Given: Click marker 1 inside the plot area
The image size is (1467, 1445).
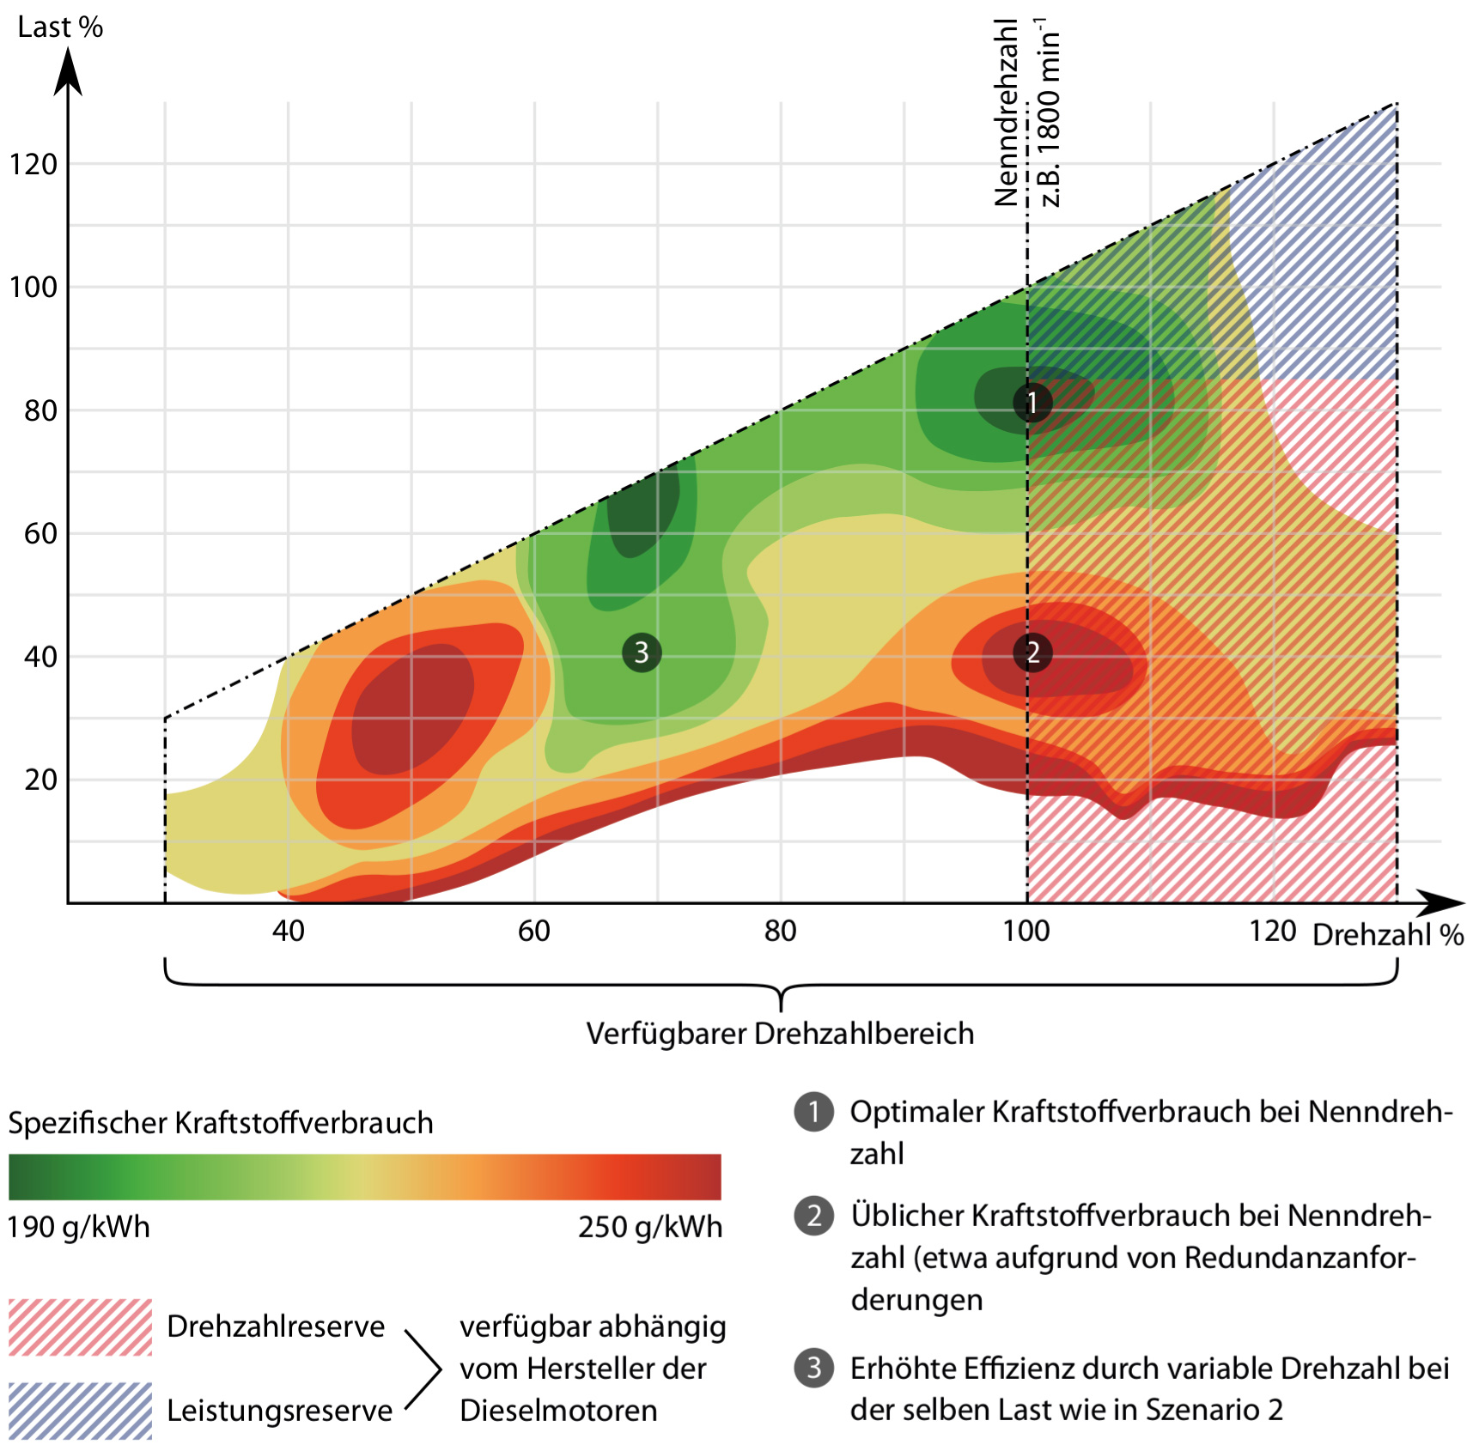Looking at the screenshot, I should [x=1032, y=402].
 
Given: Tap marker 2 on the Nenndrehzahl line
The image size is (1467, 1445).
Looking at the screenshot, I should [x=1032, y=653].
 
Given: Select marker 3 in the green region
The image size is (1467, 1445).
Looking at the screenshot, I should [x=642, y=653].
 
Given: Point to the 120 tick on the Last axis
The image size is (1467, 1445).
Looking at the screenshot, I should [x=33, y=164].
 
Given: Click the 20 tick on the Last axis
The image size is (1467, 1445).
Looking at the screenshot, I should [x=40, y=780].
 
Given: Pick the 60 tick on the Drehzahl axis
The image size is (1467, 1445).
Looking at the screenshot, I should [x=533, y=931].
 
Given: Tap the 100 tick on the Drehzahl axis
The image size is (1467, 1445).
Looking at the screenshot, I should [x=1026, y=931].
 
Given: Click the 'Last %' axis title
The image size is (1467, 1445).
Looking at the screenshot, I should [x=60, y=27].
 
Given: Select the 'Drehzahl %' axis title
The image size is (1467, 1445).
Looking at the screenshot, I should [x=1388, y=934].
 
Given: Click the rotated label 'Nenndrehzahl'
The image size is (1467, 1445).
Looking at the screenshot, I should [x=1006, y=112].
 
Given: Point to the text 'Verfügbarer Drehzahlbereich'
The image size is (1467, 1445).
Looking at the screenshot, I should [x=780, y=1034].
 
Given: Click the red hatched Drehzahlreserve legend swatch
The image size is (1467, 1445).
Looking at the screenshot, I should [x=80, y=1327].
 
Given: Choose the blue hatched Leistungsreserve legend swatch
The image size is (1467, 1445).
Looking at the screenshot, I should [x=80, y=1410].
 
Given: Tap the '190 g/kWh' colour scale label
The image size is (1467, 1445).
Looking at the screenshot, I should [x=78, y=1227].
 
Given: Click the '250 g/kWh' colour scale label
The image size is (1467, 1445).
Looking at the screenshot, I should [x=649, y=1227].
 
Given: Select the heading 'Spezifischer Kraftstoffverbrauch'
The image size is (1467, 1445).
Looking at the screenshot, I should [x=221, y=1123].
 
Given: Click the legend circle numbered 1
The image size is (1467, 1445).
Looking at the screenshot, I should [x=813, y=1112].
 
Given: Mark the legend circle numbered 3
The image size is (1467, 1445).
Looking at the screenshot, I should [x=813, y=1368].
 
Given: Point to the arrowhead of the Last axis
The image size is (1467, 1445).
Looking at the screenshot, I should [x=68, y=69].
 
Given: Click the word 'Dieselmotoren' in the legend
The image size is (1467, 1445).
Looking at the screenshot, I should [x=558, y=1410].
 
